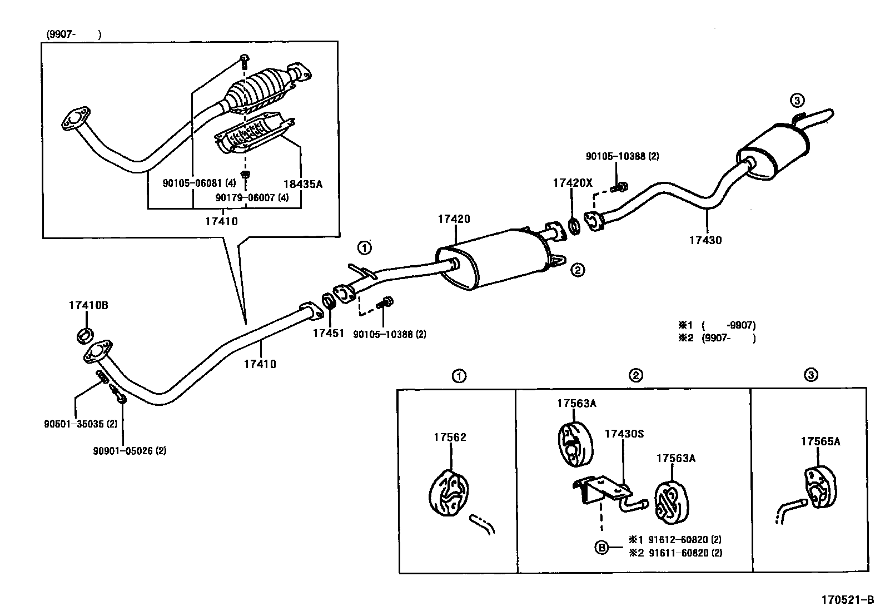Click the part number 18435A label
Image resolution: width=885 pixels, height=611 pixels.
click(302, 184)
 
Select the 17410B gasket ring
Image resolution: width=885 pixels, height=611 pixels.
click(84, 336)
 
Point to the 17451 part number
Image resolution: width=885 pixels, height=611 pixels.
click(329, 333)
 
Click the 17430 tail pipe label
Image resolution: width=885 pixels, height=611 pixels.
click(705, 240)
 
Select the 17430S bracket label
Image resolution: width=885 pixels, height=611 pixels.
click(624, 433)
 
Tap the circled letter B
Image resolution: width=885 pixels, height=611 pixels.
click(601, 547)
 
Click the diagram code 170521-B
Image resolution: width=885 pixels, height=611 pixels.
click(848, 600)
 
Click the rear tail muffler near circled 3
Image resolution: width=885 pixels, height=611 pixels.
click(773, 153)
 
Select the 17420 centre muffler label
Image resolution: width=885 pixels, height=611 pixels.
click(454, 219)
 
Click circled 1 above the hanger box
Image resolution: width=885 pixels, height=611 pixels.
click(459, 376)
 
